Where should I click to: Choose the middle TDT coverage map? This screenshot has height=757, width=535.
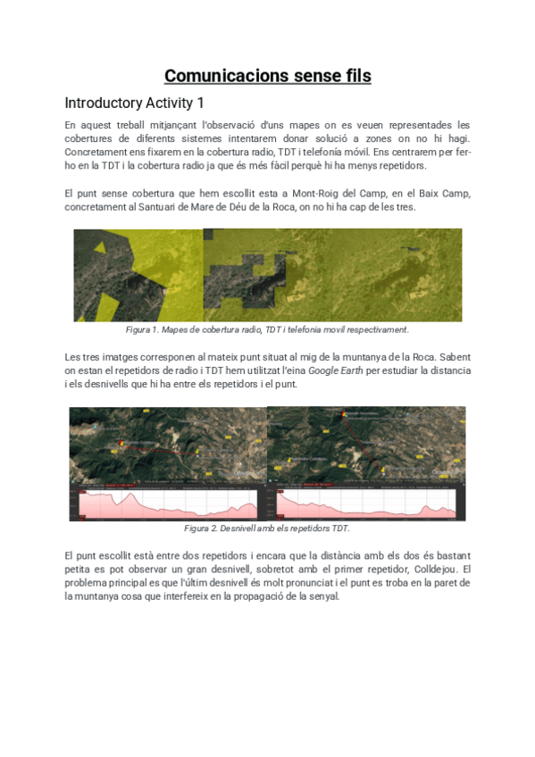(268, 274)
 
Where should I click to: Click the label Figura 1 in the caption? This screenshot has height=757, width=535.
(140, 330)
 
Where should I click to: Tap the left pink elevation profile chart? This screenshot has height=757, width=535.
(169, 504)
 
